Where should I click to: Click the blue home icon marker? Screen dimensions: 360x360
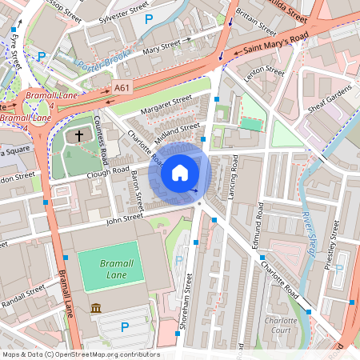pos(180,172)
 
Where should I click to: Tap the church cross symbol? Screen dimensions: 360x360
pos(79,136)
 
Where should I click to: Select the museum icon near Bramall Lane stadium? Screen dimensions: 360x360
pos(95,309)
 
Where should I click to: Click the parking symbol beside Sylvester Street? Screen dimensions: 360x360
pos(148,17)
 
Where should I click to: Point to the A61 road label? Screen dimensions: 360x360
pos(122,88)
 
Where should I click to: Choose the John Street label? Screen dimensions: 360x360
pos(124,216)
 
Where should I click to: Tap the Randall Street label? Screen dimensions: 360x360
pos(24,298)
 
